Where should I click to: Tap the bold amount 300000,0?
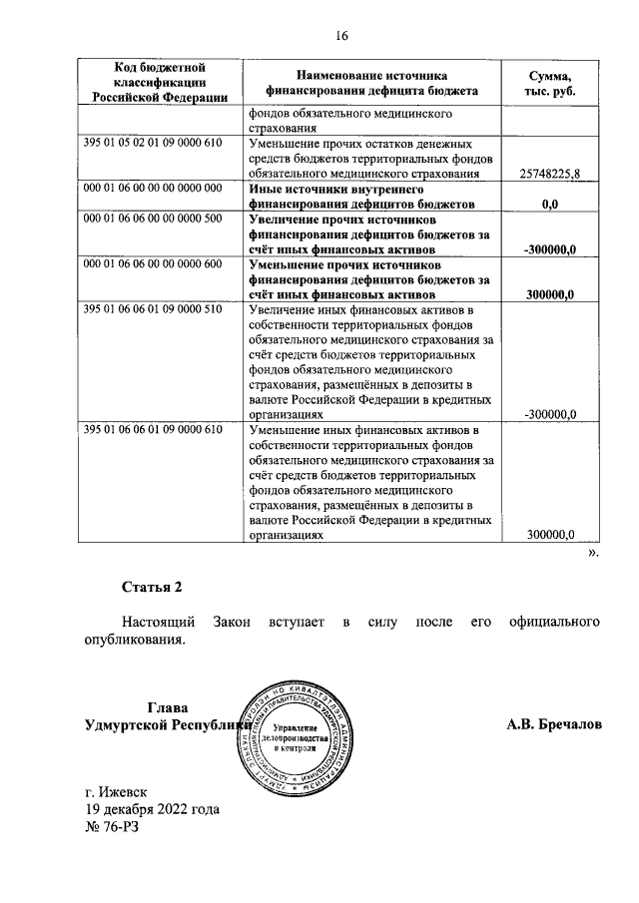(552, 295)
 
